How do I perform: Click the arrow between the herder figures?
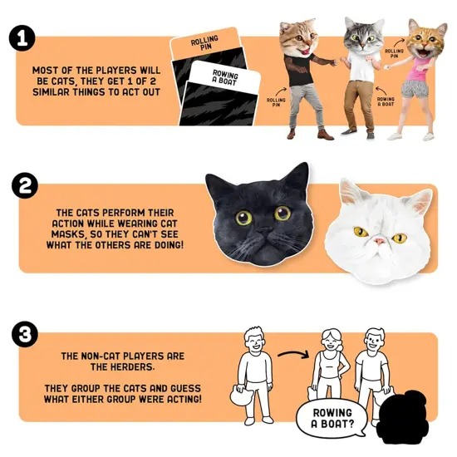292,358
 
